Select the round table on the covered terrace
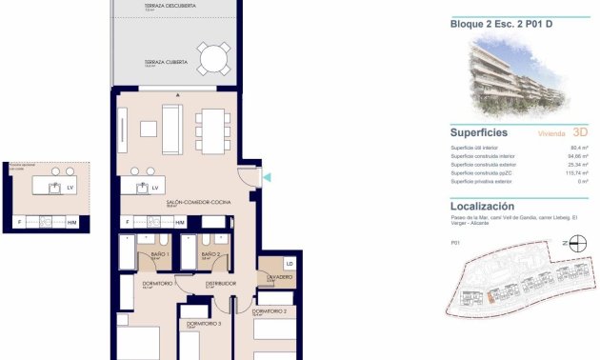213,61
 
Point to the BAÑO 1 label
160,254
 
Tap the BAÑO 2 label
210,254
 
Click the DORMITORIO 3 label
203,325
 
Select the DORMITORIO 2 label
270,310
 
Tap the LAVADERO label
279,276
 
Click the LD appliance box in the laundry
289,263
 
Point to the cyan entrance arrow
267,177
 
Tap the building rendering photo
514,76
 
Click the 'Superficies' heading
478,133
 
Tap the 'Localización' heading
482,206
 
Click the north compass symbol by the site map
570,243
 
